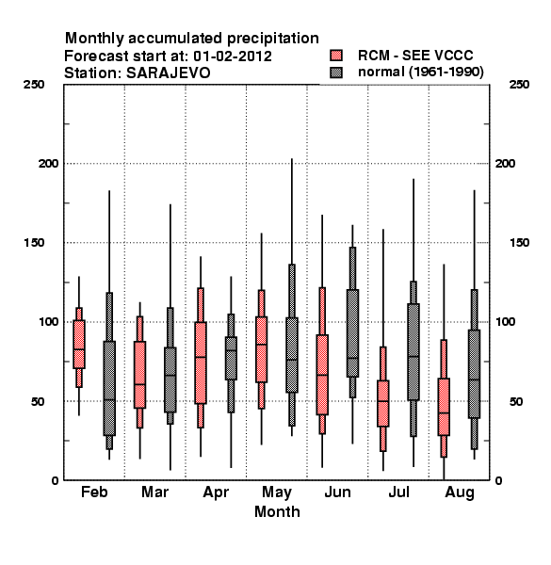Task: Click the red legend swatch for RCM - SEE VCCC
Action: click(x=336, y=56)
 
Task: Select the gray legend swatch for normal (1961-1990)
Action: click(x=336, y=73)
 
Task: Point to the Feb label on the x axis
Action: click(x=94, y=492)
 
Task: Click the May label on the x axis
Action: click(x=277, y=492)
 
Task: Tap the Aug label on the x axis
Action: click(x=460, y=492)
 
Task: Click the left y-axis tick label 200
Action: click(x=48, y=164)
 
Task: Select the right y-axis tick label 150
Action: click(x=519, y=243)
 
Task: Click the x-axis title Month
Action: click(x=277, y=511)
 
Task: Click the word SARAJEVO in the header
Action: click(x=168, y=73)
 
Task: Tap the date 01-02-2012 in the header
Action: click(x=233, y=56)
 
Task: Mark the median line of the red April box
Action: click(x=201, y=357)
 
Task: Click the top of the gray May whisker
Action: click(x=292, y=158)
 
